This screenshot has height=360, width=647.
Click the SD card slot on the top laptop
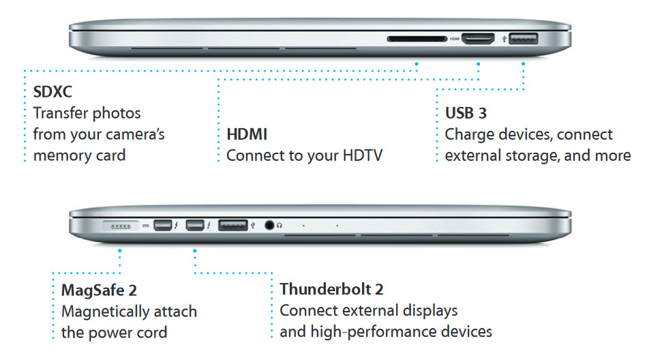(x=417, y=39)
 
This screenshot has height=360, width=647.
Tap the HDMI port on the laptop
(x=479, y=39)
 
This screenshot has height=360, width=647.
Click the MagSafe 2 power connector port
(x=120, y=224)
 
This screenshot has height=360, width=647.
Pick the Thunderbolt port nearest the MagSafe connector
(x=164, y=224)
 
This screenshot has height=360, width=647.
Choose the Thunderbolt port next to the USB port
(x=195, y=224)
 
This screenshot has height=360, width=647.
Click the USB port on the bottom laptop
(x=234, y=224)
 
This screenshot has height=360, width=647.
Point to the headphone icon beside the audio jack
(x=280, y=224)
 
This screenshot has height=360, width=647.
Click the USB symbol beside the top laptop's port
(x=504, y=39)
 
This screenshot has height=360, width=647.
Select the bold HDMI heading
(x=247, y=134)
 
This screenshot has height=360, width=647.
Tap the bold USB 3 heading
(x=466, y=112)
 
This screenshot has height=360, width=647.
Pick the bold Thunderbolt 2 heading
(x=331, y=289)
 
